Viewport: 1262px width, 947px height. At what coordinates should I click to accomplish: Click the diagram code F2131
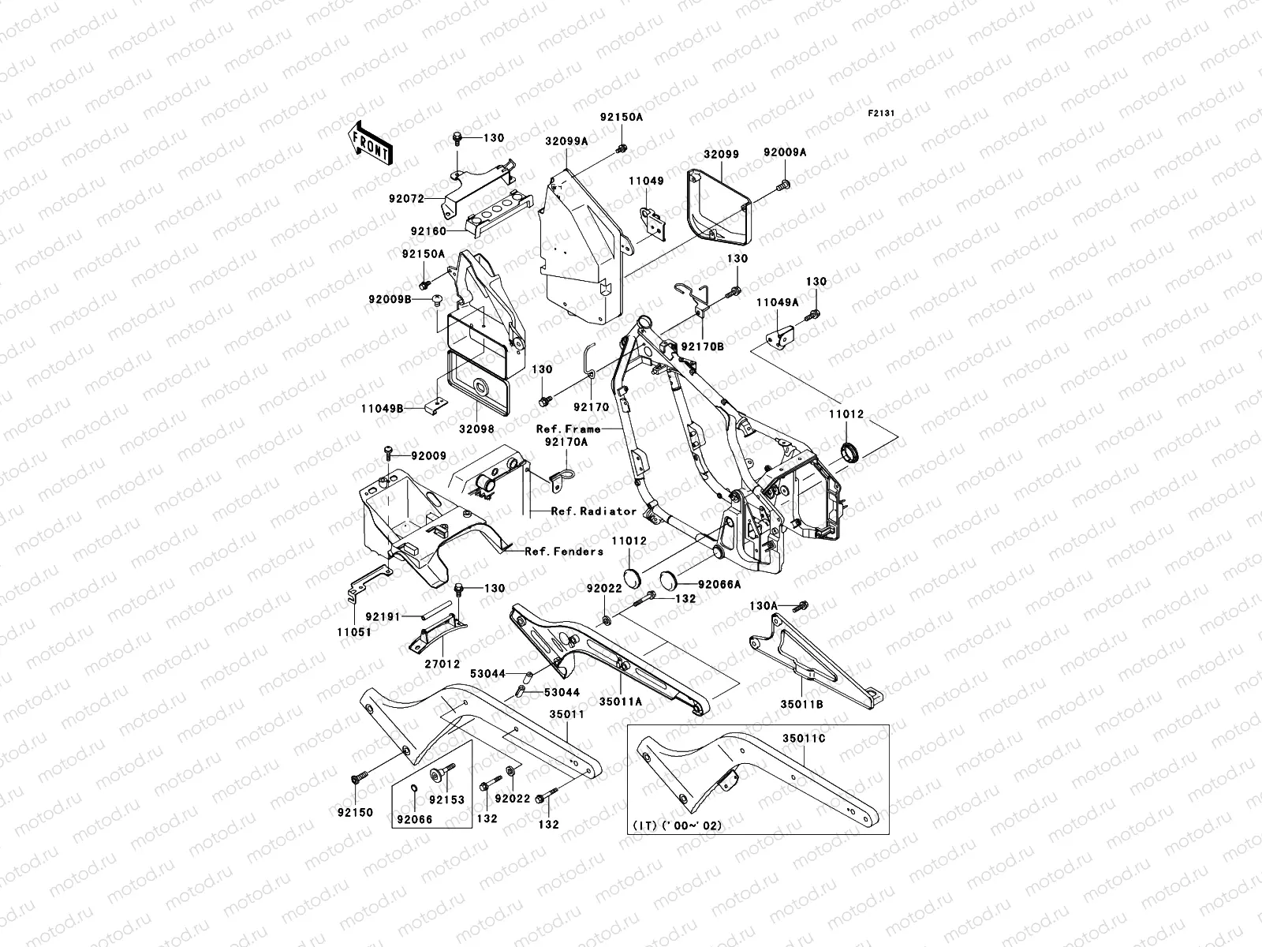click(x=881, y=114)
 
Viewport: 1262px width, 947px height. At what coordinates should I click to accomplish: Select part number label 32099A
click(x=588, y=142)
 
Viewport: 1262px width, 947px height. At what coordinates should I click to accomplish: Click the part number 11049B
click(x=383, y=409)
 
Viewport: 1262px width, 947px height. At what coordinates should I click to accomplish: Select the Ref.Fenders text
click(x=564, y=552)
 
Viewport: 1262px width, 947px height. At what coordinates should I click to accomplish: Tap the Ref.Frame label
click(x=568, y=429)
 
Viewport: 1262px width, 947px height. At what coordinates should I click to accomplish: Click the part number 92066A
click(x=719, y=586)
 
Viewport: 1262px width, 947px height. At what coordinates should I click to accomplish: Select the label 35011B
click(x=802, y=704)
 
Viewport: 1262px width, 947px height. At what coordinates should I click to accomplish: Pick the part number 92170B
click(x=703, y=346)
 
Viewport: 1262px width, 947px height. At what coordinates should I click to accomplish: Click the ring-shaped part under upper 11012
click(x=849, y=452)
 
